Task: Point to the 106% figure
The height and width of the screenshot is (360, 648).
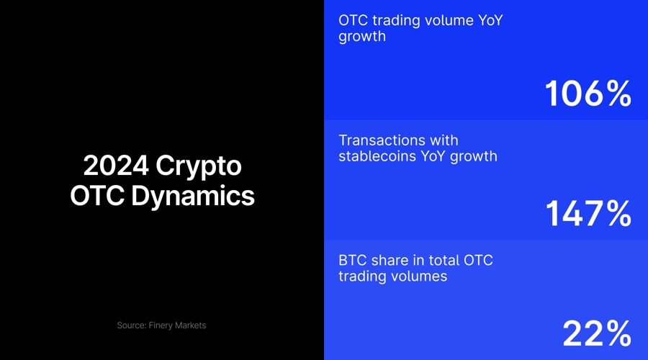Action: [x=588, y=94]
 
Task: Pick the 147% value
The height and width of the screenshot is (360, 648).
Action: [x=588, y=214]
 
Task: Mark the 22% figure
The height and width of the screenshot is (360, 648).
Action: [x=597, y=333]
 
